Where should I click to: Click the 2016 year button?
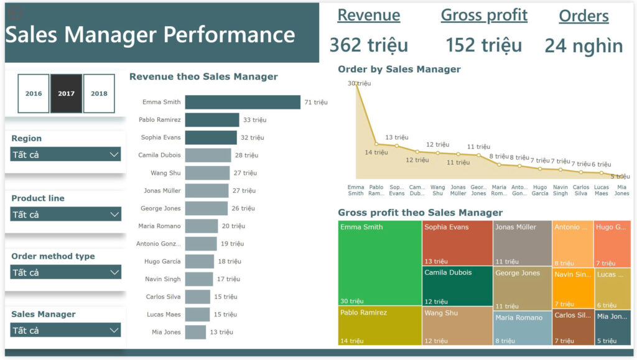click(x=34, y=93)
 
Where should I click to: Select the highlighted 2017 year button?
click(x=66, y=93)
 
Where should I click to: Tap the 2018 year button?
click(x=99, y=93)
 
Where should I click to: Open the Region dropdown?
click(x=65, y=154)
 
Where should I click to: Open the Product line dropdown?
click(x=65, y=215)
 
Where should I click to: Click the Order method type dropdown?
click(x=65, y=272)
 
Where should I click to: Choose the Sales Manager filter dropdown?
click(x=65, y=330)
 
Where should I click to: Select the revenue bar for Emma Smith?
click(x=243, y=102)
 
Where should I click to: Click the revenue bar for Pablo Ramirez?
click(x=212, y=120)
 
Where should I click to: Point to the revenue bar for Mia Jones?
click(x=195, y=332)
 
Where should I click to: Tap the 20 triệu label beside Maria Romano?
click(x=234, y=226)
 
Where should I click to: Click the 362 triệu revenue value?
click(x=368, y=45)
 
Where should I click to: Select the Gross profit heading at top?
click(x=484, y=16)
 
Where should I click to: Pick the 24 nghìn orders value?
click(x=583, y=45)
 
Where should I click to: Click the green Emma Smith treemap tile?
click(x=379, y=261)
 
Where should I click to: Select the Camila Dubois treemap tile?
click(x=457, y=286)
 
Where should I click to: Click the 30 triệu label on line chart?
click(x=359, y=83)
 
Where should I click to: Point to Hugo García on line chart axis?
click(x=540, y=190)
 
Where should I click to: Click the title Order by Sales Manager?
click(x=399, y=69)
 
